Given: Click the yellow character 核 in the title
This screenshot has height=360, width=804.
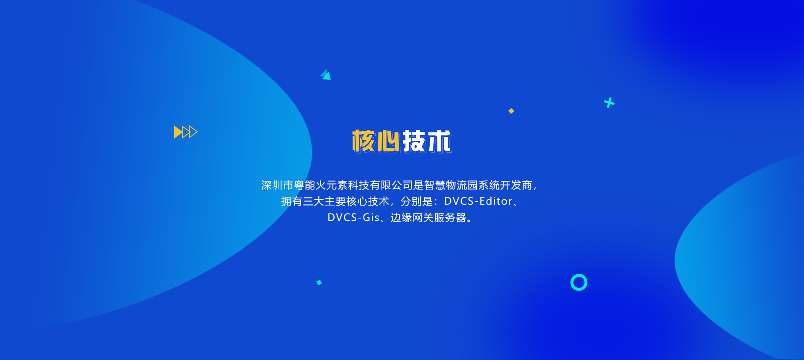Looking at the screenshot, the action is [363, 141].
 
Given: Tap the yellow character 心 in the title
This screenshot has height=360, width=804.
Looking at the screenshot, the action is [388, 141].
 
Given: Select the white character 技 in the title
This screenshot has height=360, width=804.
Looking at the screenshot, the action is [414, 141].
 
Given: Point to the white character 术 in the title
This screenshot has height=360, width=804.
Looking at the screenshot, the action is [439, 141].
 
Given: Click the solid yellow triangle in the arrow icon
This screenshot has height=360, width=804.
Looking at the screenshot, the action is [178, 132].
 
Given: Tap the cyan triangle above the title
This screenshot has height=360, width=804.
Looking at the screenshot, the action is [326, 75].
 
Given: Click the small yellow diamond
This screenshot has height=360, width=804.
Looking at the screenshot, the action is [511, 111].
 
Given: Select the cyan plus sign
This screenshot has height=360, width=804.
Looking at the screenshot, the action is [609, 103].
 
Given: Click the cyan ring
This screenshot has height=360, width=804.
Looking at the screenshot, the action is [579, 275].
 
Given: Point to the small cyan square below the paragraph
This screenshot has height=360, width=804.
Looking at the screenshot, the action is [319, 283].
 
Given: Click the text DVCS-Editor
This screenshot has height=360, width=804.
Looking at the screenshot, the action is [478, 201].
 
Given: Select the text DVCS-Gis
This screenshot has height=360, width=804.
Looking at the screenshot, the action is [353, 218].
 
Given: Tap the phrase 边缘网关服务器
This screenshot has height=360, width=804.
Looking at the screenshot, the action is [428, 218].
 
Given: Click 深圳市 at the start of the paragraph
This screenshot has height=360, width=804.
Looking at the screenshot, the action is [277, 185].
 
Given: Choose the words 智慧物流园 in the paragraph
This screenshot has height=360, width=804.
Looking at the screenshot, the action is [451, 185].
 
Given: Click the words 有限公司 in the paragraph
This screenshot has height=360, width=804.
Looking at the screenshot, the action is [392, 185].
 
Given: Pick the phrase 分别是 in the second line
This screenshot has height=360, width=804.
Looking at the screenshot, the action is [417, 201].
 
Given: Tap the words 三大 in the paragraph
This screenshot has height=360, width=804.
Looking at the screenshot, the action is [314, 201].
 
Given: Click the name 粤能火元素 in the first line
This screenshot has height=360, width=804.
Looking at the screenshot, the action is [321, 185].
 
